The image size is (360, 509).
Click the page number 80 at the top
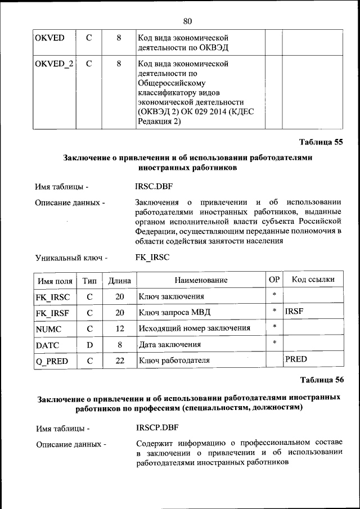[187, 21]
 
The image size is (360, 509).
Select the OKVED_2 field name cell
[53, 64]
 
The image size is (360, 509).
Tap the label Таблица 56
[321, 380]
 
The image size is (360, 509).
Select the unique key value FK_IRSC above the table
[152, 258]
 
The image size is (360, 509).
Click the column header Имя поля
[55, 280]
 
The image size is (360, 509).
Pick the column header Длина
[119, 280]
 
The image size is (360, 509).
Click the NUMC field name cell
[48, 328]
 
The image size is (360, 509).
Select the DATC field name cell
[48, 344]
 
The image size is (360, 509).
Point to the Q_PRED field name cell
[51, 361]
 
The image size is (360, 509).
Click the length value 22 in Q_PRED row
[119, 361]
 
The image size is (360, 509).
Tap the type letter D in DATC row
[89, 344]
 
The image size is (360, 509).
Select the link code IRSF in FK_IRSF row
[294, 310]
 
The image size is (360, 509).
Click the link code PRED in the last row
[296, 358]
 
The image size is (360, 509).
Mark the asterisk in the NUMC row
[274, 326]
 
